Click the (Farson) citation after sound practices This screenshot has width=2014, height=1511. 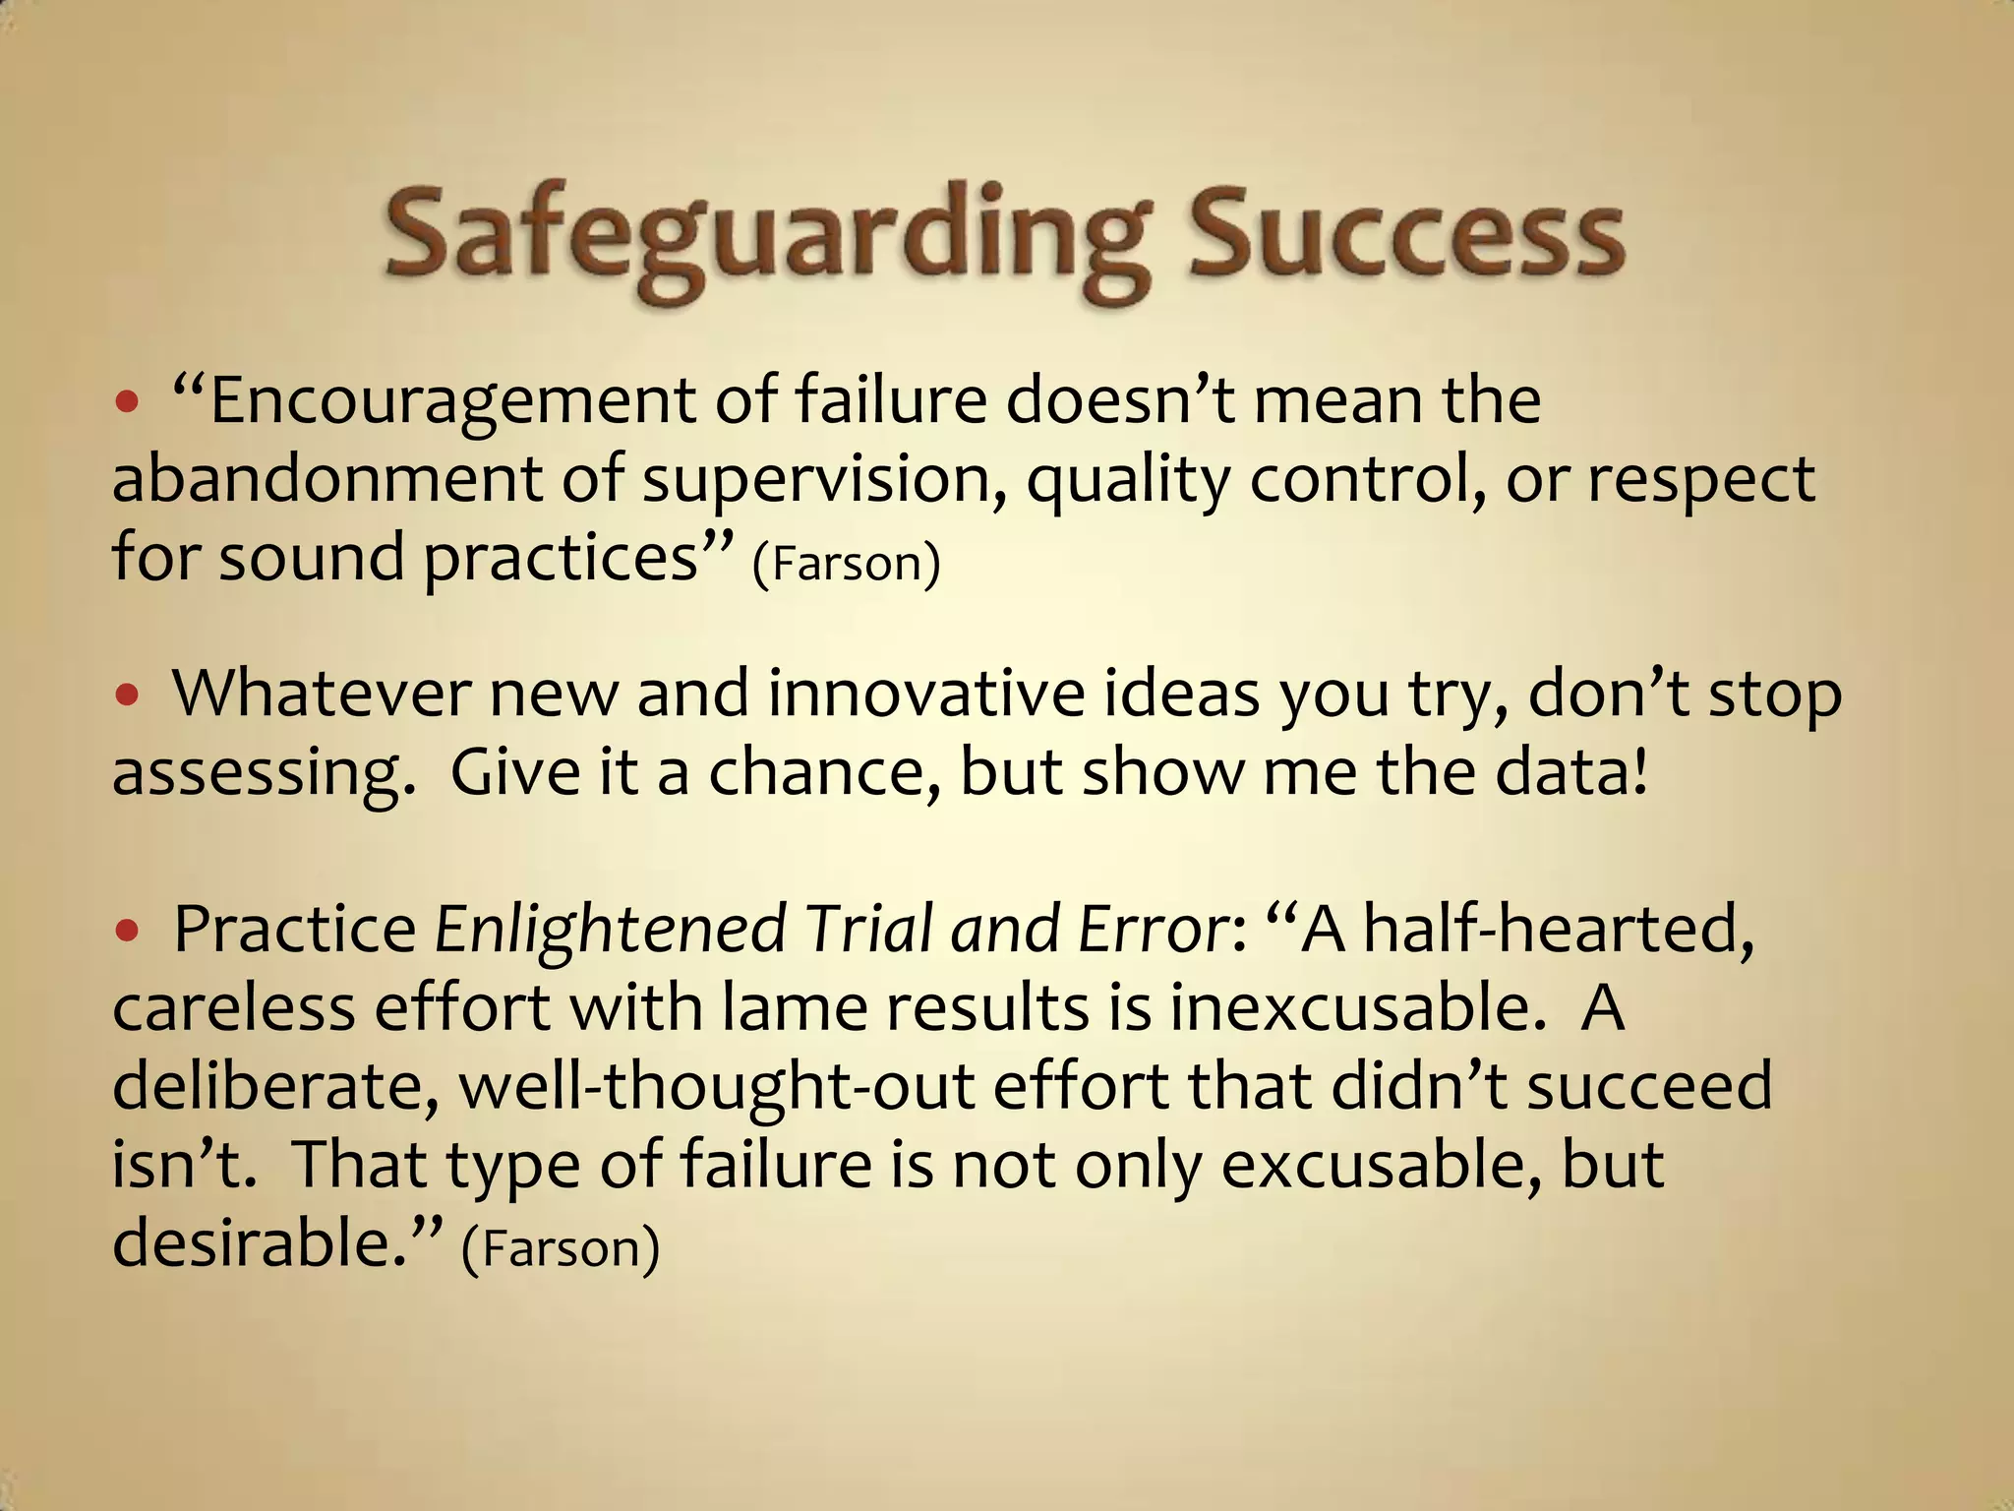(846, 563)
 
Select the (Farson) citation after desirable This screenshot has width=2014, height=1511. (560, 1247)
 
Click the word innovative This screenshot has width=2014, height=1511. (924, 695)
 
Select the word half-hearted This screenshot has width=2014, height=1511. (1559, 931)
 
